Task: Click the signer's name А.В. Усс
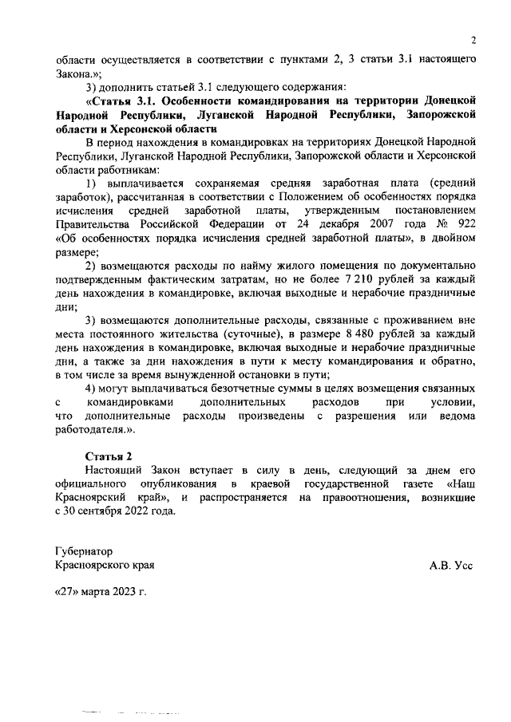[451, 565]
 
